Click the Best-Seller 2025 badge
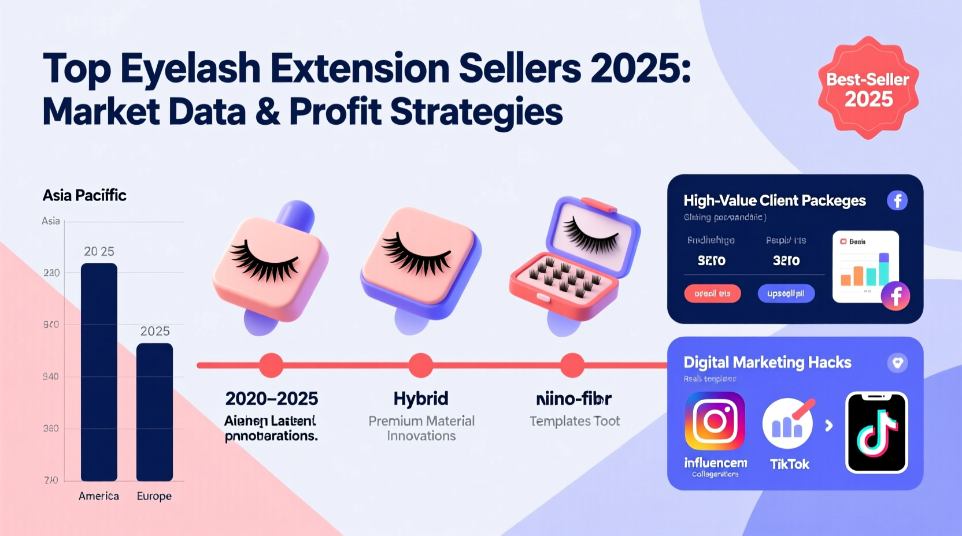[x=868, y=88]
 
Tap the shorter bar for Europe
[x=154, y=411]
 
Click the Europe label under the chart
[x=154, y=496]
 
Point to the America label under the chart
[x=99, y=496]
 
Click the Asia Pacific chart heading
[x=84, y=195]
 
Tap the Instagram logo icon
[x=715, y=421]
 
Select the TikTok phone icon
[x=876, y=433]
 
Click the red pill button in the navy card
[x=712, y=293]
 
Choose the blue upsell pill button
[x=786, y=293]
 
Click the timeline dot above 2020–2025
[x=271, y=365]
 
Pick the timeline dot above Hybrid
[x=421, y=365]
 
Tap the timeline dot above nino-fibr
[x=572, y=365]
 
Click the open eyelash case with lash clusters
[x=575, y=260]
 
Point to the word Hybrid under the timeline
[x=421, y=399]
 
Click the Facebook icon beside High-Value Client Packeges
[x=897, y=200]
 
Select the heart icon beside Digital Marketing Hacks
[x=897, y=363]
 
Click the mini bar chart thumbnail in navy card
[x=865, y=266]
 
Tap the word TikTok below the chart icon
[x=790, y=464]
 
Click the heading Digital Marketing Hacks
[x=767, y=362]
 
